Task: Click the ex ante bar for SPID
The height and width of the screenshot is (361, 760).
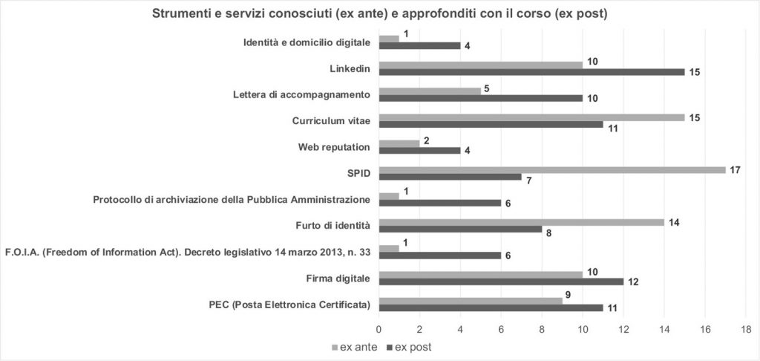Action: [552, 169]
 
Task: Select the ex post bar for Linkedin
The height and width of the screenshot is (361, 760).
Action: [531, 72]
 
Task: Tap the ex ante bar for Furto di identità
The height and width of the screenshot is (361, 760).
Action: [521, 222]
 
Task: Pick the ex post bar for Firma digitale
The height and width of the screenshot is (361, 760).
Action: [501, 281]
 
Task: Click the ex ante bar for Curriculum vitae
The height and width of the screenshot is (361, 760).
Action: [531, 117]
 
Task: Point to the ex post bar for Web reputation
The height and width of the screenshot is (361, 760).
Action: [419, 150]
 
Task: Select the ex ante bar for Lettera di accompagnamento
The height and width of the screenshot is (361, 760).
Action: [430, 91]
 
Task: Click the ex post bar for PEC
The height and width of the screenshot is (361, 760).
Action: [491, 307]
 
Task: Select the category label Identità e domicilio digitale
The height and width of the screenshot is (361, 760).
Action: [307, 42]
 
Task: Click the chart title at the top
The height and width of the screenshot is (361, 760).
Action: [380, 13]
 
